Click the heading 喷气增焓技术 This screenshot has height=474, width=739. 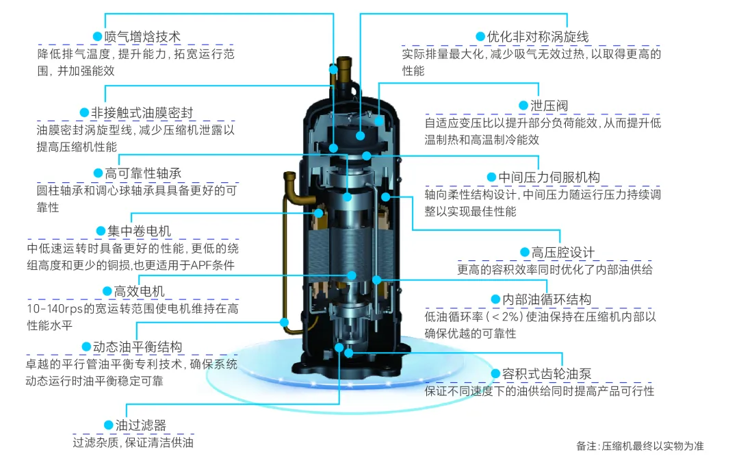(142, 36)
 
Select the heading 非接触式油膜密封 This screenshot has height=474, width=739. (142, 112)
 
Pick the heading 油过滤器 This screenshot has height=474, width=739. (140, 425)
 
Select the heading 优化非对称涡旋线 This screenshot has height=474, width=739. (538, 36)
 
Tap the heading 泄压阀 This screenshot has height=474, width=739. (549, 105)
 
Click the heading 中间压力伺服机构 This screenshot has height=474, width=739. (549, 177)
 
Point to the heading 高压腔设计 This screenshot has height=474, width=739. (563, 253)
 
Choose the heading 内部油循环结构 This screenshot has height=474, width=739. (547, 299)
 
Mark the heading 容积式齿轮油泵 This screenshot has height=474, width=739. (547, 374)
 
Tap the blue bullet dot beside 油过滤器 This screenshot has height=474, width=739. (108, 425)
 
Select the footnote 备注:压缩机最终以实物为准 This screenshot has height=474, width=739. (640, 446)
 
